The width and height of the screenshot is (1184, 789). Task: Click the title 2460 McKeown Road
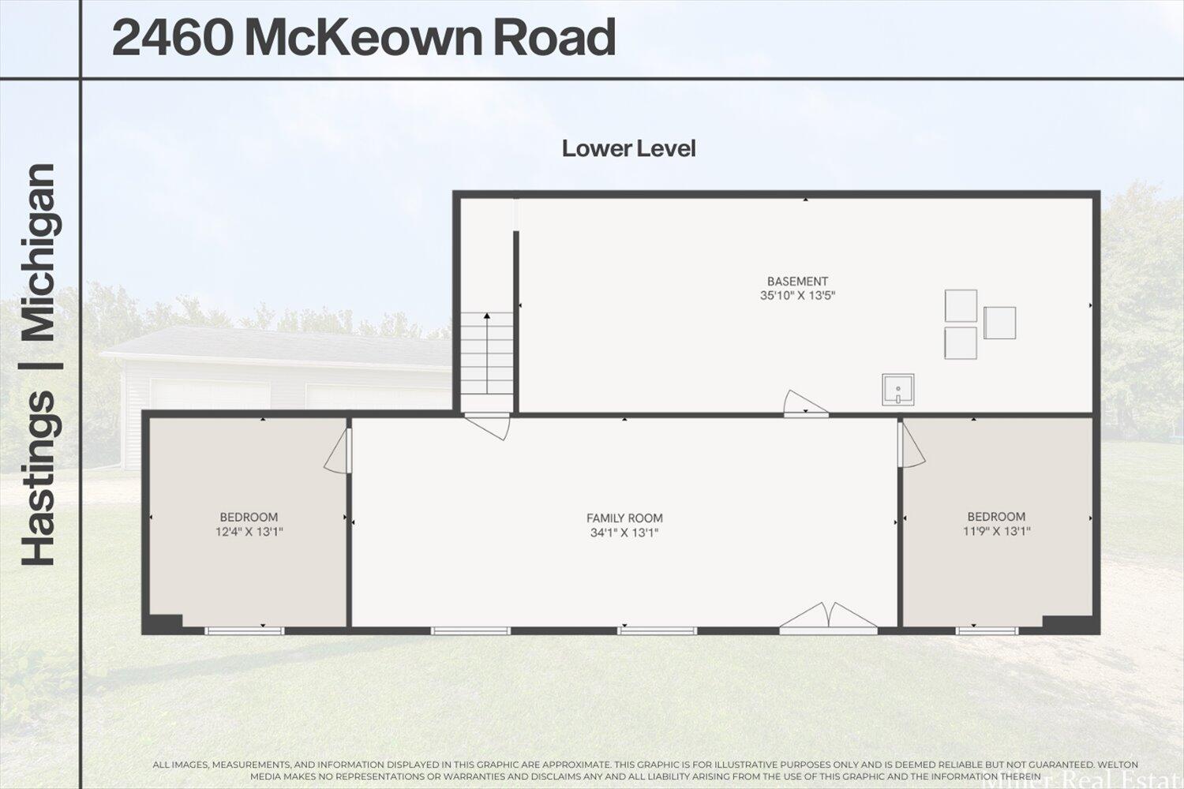pyautogui.click(x=363, y=38)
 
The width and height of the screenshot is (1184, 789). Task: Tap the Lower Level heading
pyautogui.click(x=628, y=148)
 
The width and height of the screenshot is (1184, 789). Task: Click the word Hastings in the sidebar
pyautogui.click(x=38, y=478)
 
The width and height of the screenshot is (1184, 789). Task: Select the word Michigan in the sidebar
pyautogui.click(x=38, y=252)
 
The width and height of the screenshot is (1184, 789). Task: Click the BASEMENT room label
pyautogui.click(x=797, y=281)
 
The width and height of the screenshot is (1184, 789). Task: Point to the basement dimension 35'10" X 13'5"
pyautogui.click(x=797, y=296)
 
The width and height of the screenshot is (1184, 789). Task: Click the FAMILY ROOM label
pyautogui.click(x=624, y=518)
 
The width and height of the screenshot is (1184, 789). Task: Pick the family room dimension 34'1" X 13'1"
pyautogui.click(x=624, y=533)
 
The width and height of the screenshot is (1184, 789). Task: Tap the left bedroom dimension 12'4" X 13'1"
pyautogui.click(x=249, y=532)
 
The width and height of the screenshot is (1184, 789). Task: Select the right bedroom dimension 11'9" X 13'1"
pyautogui.click(x=996, y=531)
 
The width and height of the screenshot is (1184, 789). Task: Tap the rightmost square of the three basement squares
pyautogui.click(x=999, y=323)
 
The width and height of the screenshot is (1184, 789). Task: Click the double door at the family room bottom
pyautogui.click(x=828, y=619)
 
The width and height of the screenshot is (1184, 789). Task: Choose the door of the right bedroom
pyautogui.click(x=912, y=447)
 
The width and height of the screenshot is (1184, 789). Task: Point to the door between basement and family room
pyautogui.click(x=804, y=403)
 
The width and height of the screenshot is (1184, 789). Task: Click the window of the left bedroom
pyautogui.click(x=244, y=630)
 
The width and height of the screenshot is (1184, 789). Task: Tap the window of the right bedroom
pyautogui.click(x=987, y=630)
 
